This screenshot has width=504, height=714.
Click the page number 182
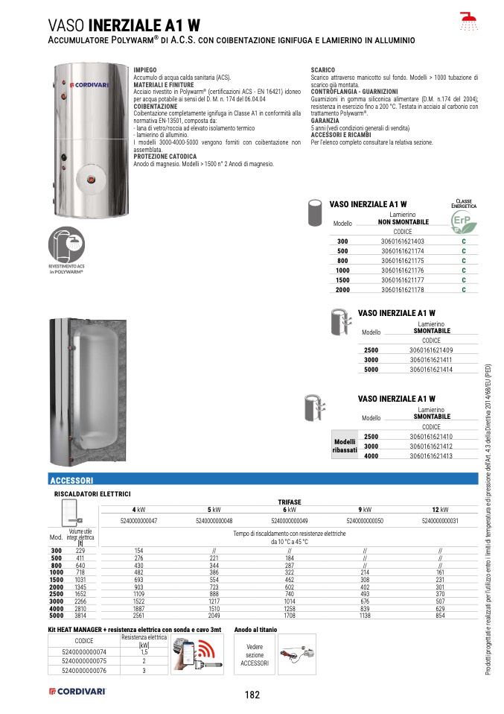tap(252, 695)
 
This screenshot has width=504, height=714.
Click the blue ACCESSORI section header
tap(71, 481)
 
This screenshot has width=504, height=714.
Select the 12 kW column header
tap(439, 508)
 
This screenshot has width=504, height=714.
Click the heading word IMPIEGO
tap(145, 69)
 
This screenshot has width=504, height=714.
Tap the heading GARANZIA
tap(325, 120)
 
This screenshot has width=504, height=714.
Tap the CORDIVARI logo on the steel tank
tap(89, 85)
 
